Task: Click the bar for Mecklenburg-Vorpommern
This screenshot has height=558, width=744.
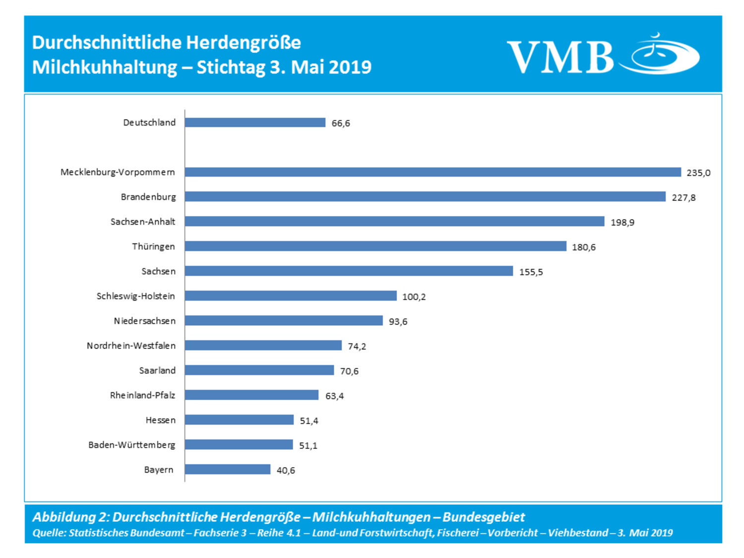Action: [433, 172]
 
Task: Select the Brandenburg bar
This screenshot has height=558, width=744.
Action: [425, 197]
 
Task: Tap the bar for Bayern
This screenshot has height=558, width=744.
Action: [228, 469]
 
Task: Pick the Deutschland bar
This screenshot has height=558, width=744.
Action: [255, 123]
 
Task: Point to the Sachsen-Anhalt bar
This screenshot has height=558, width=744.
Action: [394, 221]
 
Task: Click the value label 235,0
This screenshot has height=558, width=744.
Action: [698, 173]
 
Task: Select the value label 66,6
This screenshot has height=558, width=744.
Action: [341, 123]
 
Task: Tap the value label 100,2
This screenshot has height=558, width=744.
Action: [414, 297]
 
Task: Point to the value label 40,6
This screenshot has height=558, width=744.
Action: [286, 470]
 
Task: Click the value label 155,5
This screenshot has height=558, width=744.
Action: [531, 272]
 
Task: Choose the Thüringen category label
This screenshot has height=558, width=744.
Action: [153, 247]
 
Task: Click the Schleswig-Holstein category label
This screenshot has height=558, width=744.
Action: [135, 296]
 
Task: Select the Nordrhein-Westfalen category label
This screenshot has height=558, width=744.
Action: [131, 346]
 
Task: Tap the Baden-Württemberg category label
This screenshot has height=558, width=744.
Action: [131, 445]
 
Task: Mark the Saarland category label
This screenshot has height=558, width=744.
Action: [157, 371]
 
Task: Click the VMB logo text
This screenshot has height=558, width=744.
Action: [560, 57]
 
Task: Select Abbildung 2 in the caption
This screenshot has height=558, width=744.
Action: [70, 517]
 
